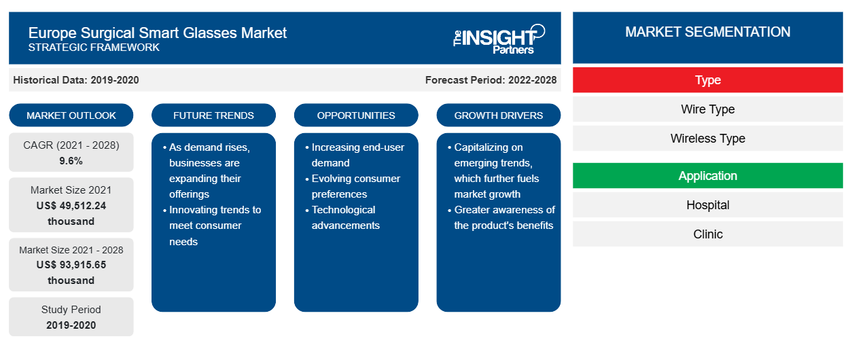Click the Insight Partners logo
click(x=499, y=39)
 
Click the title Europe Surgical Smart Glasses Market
click(x=158, y=33)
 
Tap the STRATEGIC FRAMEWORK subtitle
click(x=94, y=48)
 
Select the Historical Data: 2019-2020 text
click(x=76, y=80)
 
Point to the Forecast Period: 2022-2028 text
click(x=491, y=80)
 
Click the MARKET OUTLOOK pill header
click(x=71, y=115)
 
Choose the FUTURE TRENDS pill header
click(x=213, y=115)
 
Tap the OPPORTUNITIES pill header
click(x=356, y=115)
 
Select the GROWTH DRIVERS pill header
click(x=499, y=115)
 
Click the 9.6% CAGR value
click(x=71, y=161)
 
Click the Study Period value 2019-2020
click(x=71, y=325)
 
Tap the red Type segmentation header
click(x=708, y=80)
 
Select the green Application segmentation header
click(x=708, y=176)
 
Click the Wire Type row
click(x=708, y=109)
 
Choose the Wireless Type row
click(x=708, y=139)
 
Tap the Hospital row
click(x=708, y=205)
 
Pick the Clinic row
click(x=708, y=234)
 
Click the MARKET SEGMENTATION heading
click(x=708, y=32)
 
